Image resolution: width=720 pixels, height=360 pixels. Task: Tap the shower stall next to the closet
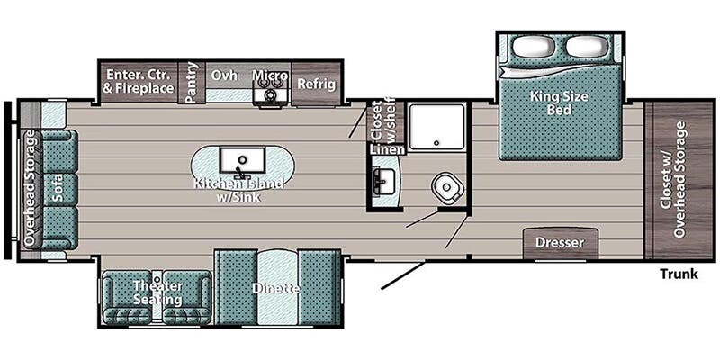coord(436,125)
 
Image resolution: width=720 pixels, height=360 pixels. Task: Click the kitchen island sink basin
coord(242,160)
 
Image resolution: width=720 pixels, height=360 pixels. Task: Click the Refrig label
coord(317,85)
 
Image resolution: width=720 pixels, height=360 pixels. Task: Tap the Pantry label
coord(191,82)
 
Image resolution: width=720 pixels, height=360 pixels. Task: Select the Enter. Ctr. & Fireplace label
coord(139,81)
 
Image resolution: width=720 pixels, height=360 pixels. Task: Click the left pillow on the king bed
coord(533,46)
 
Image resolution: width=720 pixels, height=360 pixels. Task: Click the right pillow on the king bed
coord(587,46)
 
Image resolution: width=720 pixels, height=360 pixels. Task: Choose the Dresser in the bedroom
coord(561,243)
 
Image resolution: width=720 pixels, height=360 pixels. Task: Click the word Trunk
coord(679,274)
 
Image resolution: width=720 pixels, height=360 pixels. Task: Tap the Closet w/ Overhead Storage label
coord(672,179)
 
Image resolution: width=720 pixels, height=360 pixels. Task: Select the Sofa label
coord(58,189)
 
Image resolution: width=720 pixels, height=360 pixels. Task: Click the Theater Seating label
coord(157,292)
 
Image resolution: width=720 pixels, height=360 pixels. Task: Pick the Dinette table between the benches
coord(277,287)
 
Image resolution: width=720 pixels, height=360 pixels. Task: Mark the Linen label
coord(388,149)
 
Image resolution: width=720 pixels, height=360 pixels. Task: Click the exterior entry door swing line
coord(402,276)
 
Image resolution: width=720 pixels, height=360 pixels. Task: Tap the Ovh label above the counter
coord(224,76)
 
